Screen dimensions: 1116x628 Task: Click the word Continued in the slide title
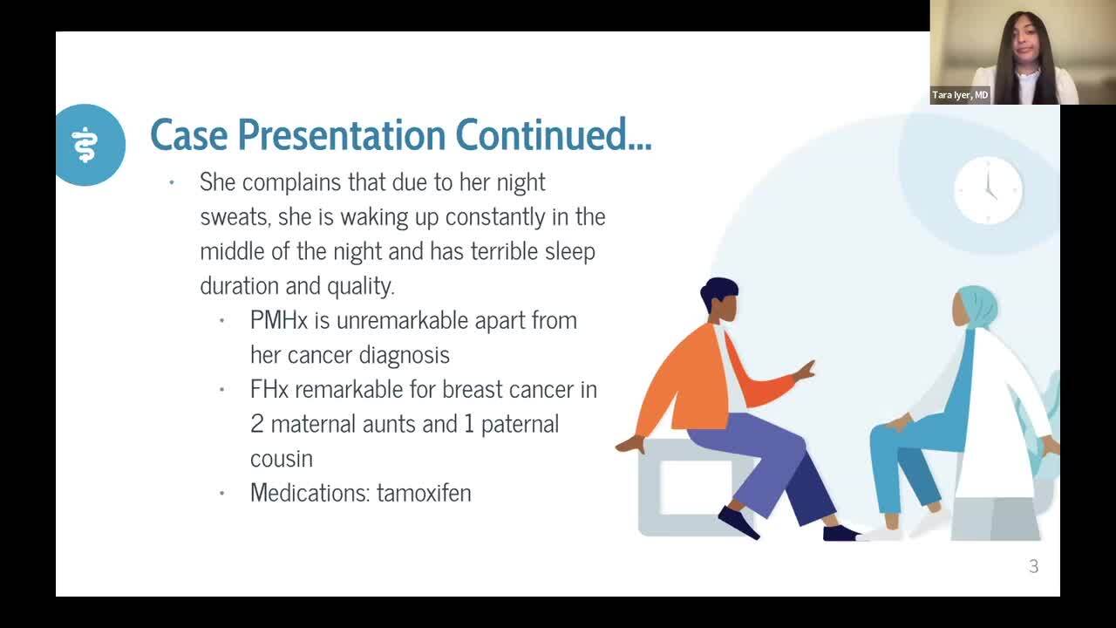click(554, 134)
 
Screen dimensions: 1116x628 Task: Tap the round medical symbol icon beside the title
click(89, 145)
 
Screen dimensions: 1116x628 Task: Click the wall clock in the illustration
click(989, 190)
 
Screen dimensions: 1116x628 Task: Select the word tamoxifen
click(424, 493)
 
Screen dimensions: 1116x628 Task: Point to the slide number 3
click(1034, 566)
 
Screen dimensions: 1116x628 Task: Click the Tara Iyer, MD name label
click(960, 95)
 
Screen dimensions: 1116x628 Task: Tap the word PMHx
click(279, 320)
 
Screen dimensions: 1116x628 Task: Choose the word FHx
click(269, 389)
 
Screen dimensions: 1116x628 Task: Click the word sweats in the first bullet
click(235, 217)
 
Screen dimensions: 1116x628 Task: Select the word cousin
click(282, 459)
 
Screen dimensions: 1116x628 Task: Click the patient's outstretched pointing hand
click(804, 371)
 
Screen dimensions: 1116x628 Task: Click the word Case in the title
click(189, 134)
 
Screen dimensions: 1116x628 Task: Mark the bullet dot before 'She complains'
click(172, 182)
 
